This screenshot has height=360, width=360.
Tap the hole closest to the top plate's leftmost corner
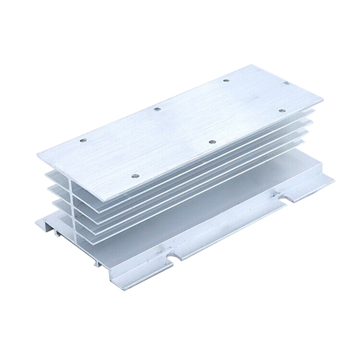pos(84,139)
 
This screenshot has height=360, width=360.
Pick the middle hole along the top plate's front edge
pos(211,141)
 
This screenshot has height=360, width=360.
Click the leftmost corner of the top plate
pos(38,156)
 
